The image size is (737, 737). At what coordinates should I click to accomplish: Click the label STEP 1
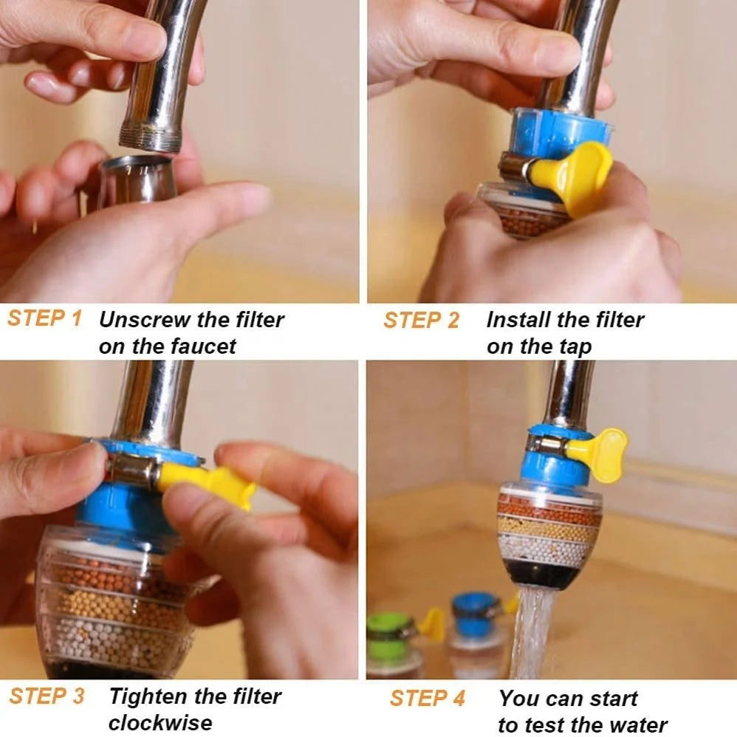(x=44, y=319)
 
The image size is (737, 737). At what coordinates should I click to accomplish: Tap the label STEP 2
(x=421, y=320)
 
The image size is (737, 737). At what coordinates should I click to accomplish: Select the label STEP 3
(x=47, y=696)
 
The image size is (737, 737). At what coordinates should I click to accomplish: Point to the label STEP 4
(x=428, y=698)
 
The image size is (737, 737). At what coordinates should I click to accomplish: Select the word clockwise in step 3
(x=160, y=721)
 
